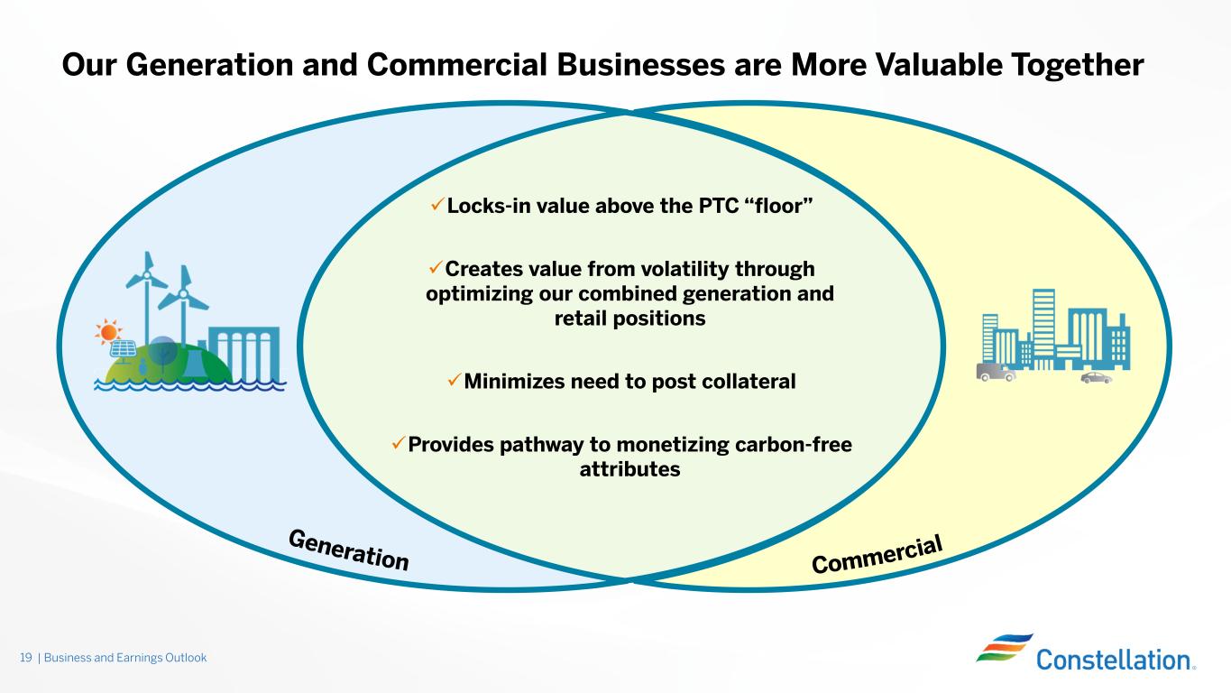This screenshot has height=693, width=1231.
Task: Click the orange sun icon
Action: [107, 332]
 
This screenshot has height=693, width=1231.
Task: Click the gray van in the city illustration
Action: [996, 371]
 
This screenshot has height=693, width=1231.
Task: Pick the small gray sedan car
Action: [1096, 378]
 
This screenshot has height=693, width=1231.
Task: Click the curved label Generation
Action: [348, 550]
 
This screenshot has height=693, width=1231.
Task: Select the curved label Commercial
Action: [877, 553]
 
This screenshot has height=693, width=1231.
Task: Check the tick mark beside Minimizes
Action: [455, 381]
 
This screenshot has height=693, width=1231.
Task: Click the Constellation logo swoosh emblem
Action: [1003, 648]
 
